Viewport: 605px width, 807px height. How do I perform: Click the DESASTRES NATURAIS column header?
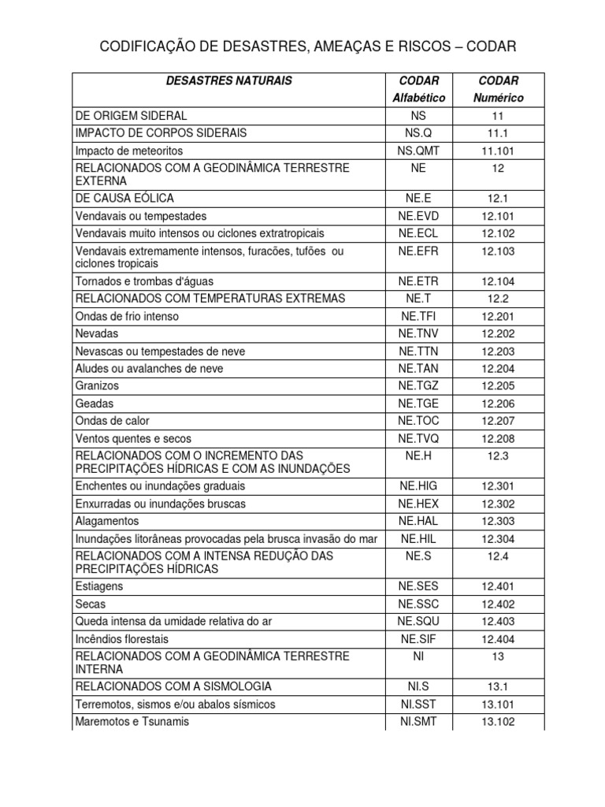click(x=229, y=80)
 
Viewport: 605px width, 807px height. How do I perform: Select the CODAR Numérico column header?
click(x=498, y=89)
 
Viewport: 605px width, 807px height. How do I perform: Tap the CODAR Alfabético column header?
click(x=418, y=89)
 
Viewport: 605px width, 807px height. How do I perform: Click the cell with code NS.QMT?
click(x=418, y=151)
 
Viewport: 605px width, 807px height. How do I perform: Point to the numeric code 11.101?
click(x=498, y=151)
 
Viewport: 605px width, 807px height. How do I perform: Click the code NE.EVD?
click(x=418, y=216)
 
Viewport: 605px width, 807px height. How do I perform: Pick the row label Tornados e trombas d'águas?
click(x=144, y=281)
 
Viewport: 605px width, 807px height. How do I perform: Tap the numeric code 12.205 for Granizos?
click(x=498, y=386)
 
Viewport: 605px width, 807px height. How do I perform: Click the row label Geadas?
click(x=95, y=403)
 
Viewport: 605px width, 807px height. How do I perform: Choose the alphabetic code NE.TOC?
click(x=418, y=421)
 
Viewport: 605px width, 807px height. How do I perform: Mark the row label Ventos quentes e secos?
click(x=133, y=438)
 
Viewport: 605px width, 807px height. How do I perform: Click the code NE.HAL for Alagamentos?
click(x=418, y=521)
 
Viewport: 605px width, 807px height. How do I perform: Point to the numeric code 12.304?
click(x=498, y=538)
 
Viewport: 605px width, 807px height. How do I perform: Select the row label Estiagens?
click(x=99, y=586)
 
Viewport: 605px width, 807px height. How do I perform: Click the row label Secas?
click(x=91, y=604)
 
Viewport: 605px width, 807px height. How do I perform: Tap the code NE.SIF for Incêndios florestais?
click(x=418, y=638)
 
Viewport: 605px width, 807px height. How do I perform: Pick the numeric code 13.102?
click(x=498, y=721)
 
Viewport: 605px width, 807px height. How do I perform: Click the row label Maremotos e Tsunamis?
click(x=132, y=721)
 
